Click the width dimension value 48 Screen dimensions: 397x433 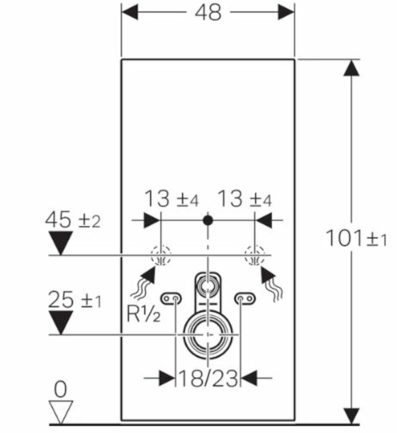tap(208, 12)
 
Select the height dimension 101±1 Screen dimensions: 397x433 tap(356, 238)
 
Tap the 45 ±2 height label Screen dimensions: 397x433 tap(73, 220)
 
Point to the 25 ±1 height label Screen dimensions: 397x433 tap(75, 300)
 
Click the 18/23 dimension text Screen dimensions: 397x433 tap(208, 378)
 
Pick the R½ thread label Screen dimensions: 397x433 tap(143, 314)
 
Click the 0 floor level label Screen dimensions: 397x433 tap(61, 389)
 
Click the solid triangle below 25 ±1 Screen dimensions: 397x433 tap(61, 323)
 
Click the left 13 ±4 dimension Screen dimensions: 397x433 tap(171, 199)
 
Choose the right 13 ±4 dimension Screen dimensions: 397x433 tap(245, 199)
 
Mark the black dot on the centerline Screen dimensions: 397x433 tap(208, 220)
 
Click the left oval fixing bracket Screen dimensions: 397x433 tap(171, 299)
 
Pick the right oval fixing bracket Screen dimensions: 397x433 tap(245, 299)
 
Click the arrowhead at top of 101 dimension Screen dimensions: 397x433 tap(351, 68)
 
